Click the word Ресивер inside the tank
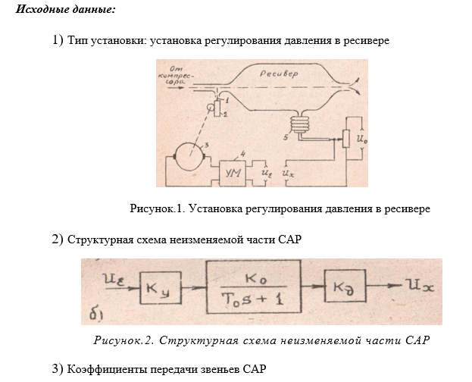pos(279,74)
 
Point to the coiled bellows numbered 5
pos(304,124)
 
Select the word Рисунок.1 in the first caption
pos(158,208)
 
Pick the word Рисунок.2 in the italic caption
pos(124,339)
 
